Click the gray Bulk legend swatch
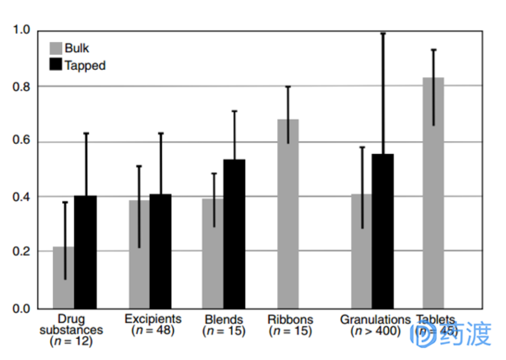coord(56,48)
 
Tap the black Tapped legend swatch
coord(56,65)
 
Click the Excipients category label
coord(153,319)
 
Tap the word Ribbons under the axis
coord(290,319)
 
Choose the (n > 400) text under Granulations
coord(375,331)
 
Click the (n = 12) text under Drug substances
coord(71,341)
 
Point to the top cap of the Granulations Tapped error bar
coord(383,33)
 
